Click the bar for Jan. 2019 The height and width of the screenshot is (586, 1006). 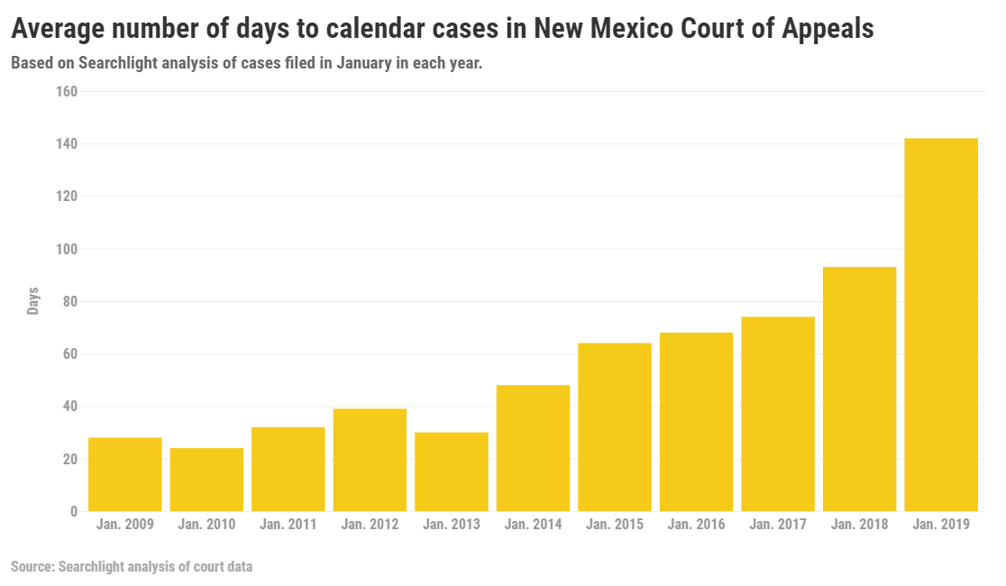tap(940, 325)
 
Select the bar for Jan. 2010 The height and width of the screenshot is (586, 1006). tap(206, 480)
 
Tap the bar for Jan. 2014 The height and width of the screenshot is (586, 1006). tap(533, 448)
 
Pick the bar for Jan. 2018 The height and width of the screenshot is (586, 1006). tap(859, 389)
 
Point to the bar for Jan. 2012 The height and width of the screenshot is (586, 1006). tap(370, 460)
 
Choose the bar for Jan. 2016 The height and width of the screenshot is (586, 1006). tap(696, 422)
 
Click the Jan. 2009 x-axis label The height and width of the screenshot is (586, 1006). tap(125, 524)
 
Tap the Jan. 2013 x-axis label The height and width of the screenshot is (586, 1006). tap(452, 524)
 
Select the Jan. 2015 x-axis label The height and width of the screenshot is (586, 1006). tap(615, 524)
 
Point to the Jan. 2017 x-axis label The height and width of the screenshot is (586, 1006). tap(778, 524)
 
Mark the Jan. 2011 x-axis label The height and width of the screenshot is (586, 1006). tap(288, 524)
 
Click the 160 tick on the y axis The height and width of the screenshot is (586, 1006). tap(67, 92)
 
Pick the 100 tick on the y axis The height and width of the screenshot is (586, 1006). tap(67, 250)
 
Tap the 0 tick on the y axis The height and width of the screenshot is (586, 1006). tap(74, 512)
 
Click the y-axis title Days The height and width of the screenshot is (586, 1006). tap(33, 301)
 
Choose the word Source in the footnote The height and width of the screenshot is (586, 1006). tap(31, 567)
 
